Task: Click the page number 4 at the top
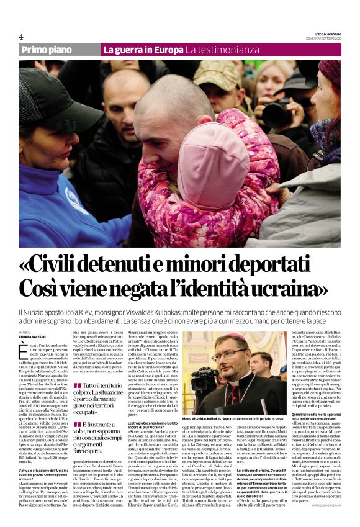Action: [20, 37]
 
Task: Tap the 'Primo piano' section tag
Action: [47, 50]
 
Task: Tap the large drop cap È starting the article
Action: [24, 351]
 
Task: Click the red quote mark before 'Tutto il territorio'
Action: [77, 387]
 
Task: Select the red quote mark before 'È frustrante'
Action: [77, 424]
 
